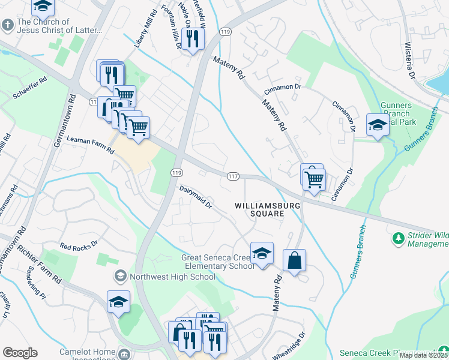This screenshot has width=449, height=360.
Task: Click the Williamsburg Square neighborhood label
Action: (259, 209)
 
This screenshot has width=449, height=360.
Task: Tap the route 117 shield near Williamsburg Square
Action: (234, 176)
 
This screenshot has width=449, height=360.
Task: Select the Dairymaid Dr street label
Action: (196, 197)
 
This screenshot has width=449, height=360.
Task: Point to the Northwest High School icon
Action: (120, 277)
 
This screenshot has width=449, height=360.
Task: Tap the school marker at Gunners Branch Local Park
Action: (378, 125)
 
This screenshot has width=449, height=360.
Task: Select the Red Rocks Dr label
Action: (78, 246)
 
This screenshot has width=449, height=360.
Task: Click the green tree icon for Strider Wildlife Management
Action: (397, 239)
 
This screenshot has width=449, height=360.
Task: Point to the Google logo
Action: (20, 352)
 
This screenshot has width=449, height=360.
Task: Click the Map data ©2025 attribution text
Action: (423, 355)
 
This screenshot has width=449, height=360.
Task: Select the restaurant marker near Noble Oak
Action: (193, 38)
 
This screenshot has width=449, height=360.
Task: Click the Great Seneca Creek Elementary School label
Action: (217, 262)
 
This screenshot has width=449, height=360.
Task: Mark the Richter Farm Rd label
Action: (39, 263)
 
